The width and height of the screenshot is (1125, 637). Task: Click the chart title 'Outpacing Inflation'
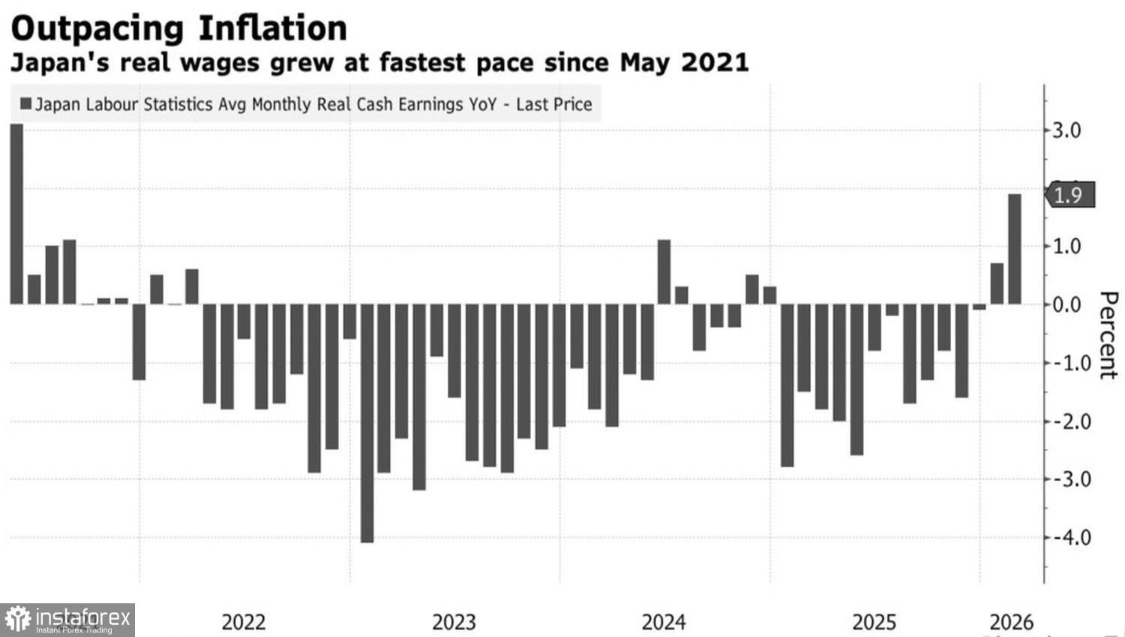178,28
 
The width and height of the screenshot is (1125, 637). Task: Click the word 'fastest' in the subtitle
421,62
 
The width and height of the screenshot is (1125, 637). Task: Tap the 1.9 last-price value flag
1069,196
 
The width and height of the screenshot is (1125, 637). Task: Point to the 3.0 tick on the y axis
1066,130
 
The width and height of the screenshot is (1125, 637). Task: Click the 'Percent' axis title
1108,335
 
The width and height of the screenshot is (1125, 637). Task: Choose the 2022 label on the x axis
244,622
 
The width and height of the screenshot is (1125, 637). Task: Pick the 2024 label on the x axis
664,622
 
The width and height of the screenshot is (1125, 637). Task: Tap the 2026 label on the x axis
1011,622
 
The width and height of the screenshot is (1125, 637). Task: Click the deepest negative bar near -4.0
367,423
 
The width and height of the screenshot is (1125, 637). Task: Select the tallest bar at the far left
16,214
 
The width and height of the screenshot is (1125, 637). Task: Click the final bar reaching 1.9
1014,249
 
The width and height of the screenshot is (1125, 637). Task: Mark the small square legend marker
25,103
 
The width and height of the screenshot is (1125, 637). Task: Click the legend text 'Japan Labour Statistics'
124,104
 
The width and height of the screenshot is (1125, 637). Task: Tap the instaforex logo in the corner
67,620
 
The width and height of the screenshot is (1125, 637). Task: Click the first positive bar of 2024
664,272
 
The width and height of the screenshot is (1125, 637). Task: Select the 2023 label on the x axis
454,622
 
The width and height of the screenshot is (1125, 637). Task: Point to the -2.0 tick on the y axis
1066,421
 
